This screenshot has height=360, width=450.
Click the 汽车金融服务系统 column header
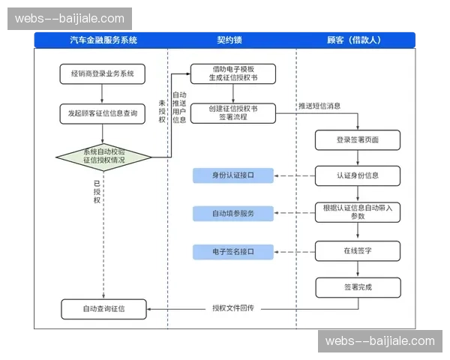tap(103, 40)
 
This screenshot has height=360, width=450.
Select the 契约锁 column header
tap(232, 40)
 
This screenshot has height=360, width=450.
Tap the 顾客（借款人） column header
tap(355, 40)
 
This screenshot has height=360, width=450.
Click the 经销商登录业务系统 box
tap(103, 73)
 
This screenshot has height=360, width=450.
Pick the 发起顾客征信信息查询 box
tap(103, 113)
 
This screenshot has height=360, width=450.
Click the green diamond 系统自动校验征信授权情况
tap(103, 156)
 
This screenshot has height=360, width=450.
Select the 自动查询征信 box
tap(103, 308)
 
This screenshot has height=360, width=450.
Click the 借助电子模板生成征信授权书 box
tap(232, 73)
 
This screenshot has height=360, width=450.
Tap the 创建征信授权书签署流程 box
tap(232, 112)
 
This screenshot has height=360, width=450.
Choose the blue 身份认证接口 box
tap(232, 175)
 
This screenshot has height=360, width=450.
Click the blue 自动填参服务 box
tap(232, 214)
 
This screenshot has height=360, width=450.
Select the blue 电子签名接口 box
tap(232, 251)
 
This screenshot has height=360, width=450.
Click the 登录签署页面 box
tap(357, 139)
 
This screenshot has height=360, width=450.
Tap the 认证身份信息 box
tap(357, 175)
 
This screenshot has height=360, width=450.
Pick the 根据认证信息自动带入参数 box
tap(357, 212)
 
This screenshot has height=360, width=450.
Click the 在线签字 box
tap(357, 250)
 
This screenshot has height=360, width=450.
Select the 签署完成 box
tap(357, 287)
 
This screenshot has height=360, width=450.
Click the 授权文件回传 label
tap(232, 308)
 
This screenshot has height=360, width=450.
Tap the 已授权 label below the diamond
tap(96, 191)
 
